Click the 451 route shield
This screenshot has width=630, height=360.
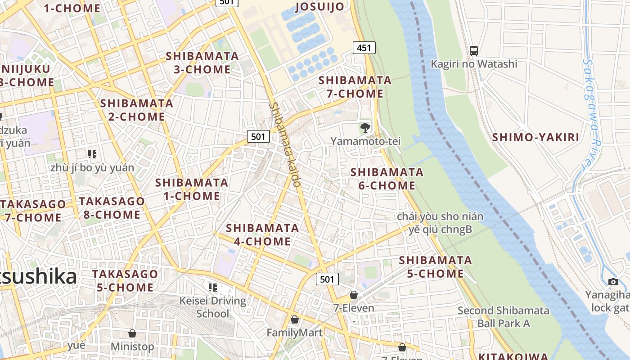pos(364,48)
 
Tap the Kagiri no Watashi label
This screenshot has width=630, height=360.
pos(474,64)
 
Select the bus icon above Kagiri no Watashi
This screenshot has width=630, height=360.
pos(474,50)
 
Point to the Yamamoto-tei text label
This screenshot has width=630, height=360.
pos(365,141)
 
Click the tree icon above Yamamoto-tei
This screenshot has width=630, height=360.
pos(365,128)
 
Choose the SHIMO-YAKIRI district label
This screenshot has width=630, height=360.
pos(535,138)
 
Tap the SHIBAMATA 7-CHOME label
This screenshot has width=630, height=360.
pos(355,87)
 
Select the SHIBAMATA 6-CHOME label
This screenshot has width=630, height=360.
pos(387,179)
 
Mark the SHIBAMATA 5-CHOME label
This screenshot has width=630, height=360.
pos(435,267)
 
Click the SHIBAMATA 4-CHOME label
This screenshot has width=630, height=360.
pos(262,234)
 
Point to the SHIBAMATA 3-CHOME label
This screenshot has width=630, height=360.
pos(202,63)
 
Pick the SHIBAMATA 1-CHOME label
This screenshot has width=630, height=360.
pos(192,189)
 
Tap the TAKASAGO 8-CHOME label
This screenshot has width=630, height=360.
pos(112,208)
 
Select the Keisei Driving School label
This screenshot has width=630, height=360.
pos(213,307)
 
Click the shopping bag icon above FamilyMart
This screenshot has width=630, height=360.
pos(295,319)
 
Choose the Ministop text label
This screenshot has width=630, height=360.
pos(132,347)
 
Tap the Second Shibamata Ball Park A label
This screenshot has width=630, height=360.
pos(504,317)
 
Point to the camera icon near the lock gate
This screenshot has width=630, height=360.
pos(613,282)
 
